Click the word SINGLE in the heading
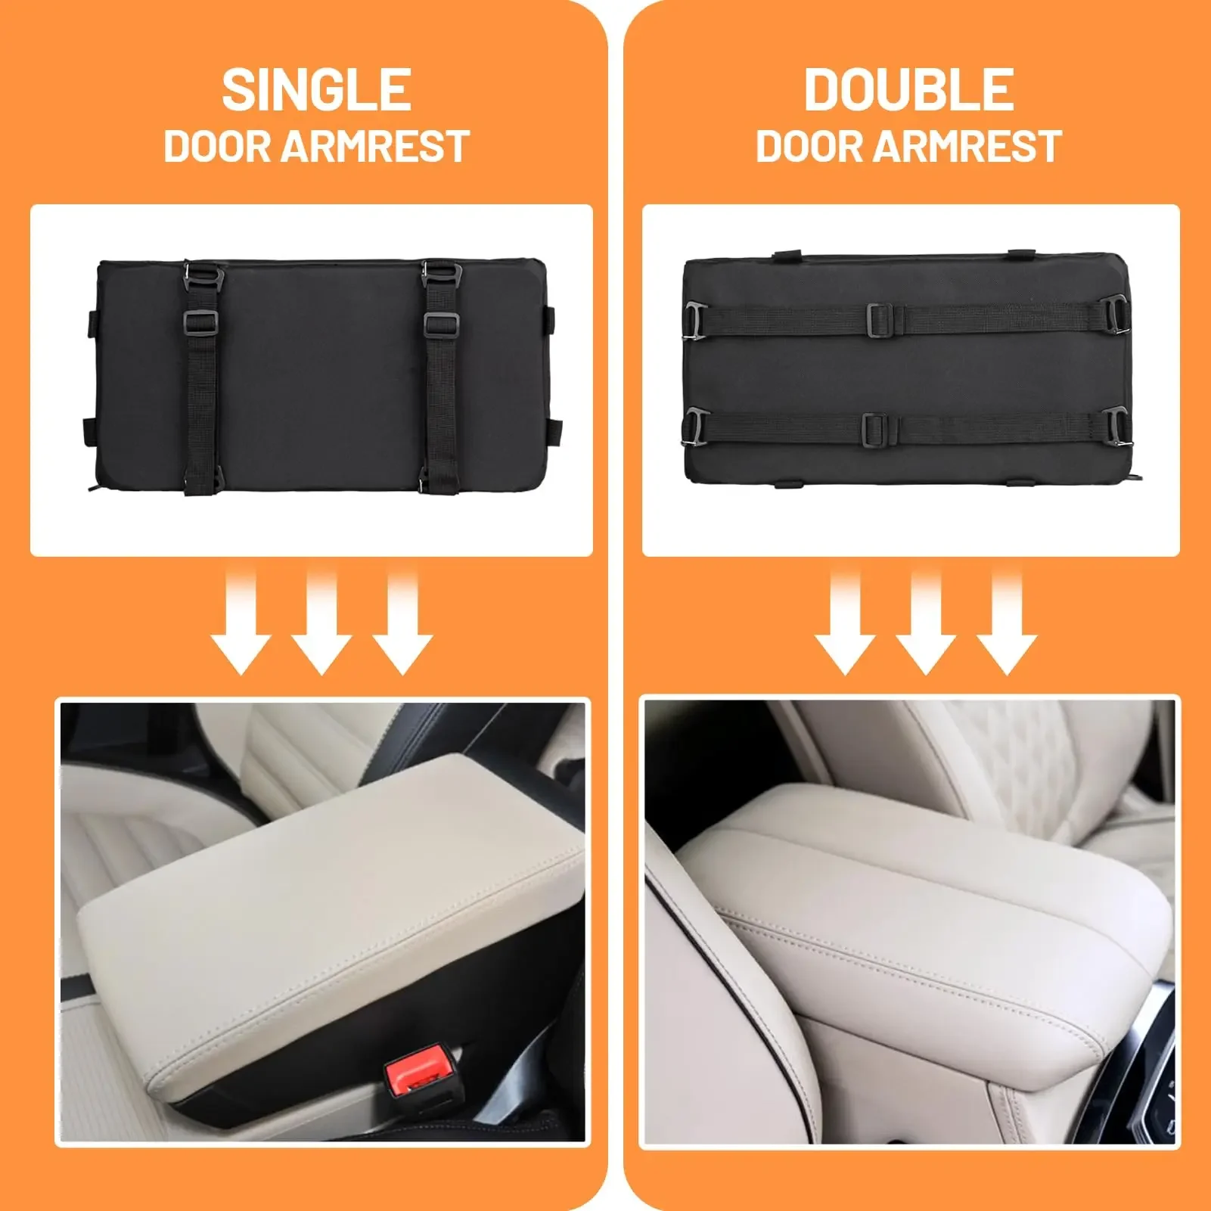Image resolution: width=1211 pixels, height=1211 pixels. click(x=316, y=89)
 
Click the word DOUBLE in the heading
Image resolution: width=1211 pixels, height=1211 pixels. click(x=908, y=89)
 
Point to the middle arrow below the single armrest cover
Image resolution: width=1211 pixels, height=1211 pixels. click(x=321, y=622)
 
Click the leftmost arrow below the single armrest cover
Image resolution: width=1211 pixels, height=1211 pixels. click(x=241, y=622)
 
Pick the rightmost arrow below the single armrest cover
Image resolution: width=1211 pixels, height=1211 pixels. click(x=402, y=622)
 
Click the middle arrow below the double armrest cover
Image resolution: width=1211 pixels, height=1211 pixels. click(x=926, y=622)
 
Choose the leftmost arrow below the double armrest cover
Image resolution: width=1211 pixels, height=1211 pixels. click(x=845, y=622)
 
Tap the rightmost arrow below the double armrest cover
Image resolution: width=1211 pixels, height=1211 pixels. click(x=1007, y=622)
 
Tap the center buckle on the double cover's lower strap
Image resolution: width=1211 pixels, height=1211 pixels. click(x=878, y=427)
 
